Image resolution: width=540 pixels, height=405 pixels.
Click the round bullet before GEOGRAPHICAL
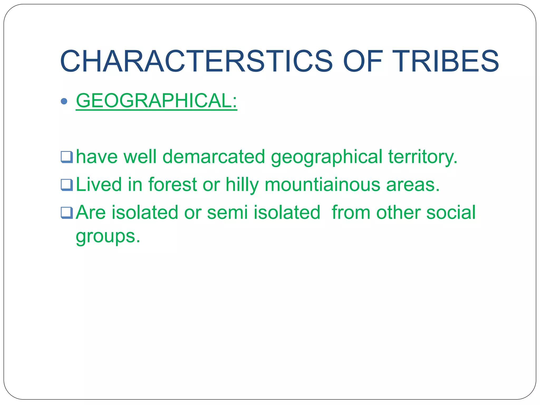point(64,101)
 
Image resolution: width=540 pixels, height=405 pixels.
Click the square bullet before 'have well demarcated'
point(66,157)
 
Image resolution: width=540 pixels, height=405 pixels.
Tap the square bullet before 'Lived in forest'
point(66,185)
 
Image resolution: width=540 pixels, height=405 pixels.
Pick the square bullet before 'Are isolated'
point(66,213)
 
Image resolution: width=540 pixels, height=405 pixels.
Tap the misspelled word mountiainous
point(322,185)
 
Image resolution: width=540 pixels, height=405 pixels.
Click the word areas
point(413,185)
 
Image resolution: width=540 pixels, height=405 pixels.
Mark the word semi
point(227,212)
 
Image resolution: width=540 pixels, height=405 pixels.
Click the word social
point(451,212)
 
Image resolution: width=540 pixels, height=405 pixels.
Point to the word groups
point(108,237)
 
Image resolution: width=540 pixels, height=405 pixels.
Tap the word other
point(398,212)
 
